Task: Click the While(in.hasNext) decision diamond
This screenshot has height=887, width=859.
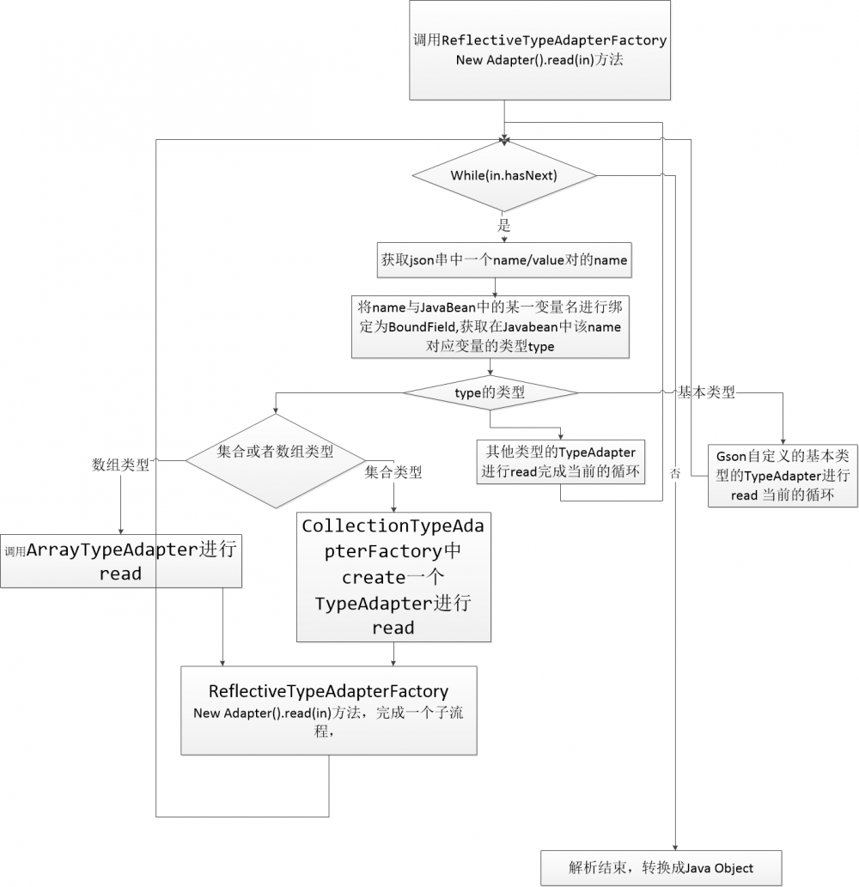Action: (x=504, y=175)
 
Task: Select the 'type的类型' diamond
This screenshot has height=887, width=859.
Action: (x=490, y=392)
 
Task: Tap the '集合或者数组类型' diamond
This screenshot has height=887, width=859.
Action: (x=275, y=461)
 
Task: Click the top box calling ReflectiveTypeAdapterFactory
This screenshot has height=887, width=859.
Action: (x=539, y=50)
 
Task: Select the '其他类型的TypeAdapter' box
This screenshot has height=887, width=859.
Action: (x=560, y=462)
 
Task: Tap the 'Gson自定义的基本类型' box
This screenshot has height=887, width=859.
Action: (x=783, y=475)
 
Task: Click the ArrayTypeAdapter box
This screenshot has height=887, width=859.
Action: (x=120, y=562)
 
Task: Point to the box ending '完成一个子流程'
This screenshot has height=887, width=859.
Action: (x=329, y=710)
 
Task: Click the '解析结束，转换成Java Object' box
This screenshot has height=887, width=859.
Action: (x=661, y=867)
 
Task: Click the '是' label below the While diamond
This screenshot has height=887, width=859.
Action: (x=504, y=226)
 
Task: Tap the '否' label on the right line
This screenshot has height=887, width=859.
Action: (x=675, y=472)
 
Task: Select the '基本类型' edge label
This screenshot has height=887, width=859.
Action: (x=707, y=392)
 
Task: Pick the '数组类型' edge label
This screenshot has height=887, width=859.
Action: (x=120, y=465)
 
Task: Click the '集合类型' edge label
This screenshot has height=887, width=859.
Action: (x=393, y=471)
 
